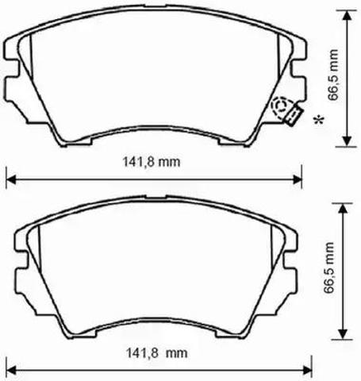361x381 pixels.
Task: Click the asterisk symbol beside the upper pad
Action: coord(318,120)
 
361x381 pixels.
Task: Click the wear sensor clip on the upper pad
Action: coord(294,116)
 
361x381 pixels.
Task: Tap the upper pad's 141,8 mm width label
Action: coord(152,162)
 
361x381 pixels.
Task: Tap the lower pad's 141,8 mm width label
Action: coord(156,352)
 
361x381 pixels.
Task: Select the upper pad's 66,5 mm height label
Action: coord(333,75)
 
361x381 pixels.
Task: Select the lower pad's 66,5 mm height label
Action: coord(329,267)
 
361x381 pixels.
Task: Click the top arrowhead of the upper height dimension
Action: coord(347,16)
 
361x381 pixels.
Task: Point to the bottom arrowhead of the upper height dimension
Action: coord(347,140)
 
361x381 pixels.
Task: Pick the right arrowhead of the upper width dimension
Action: coord(296,180)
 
